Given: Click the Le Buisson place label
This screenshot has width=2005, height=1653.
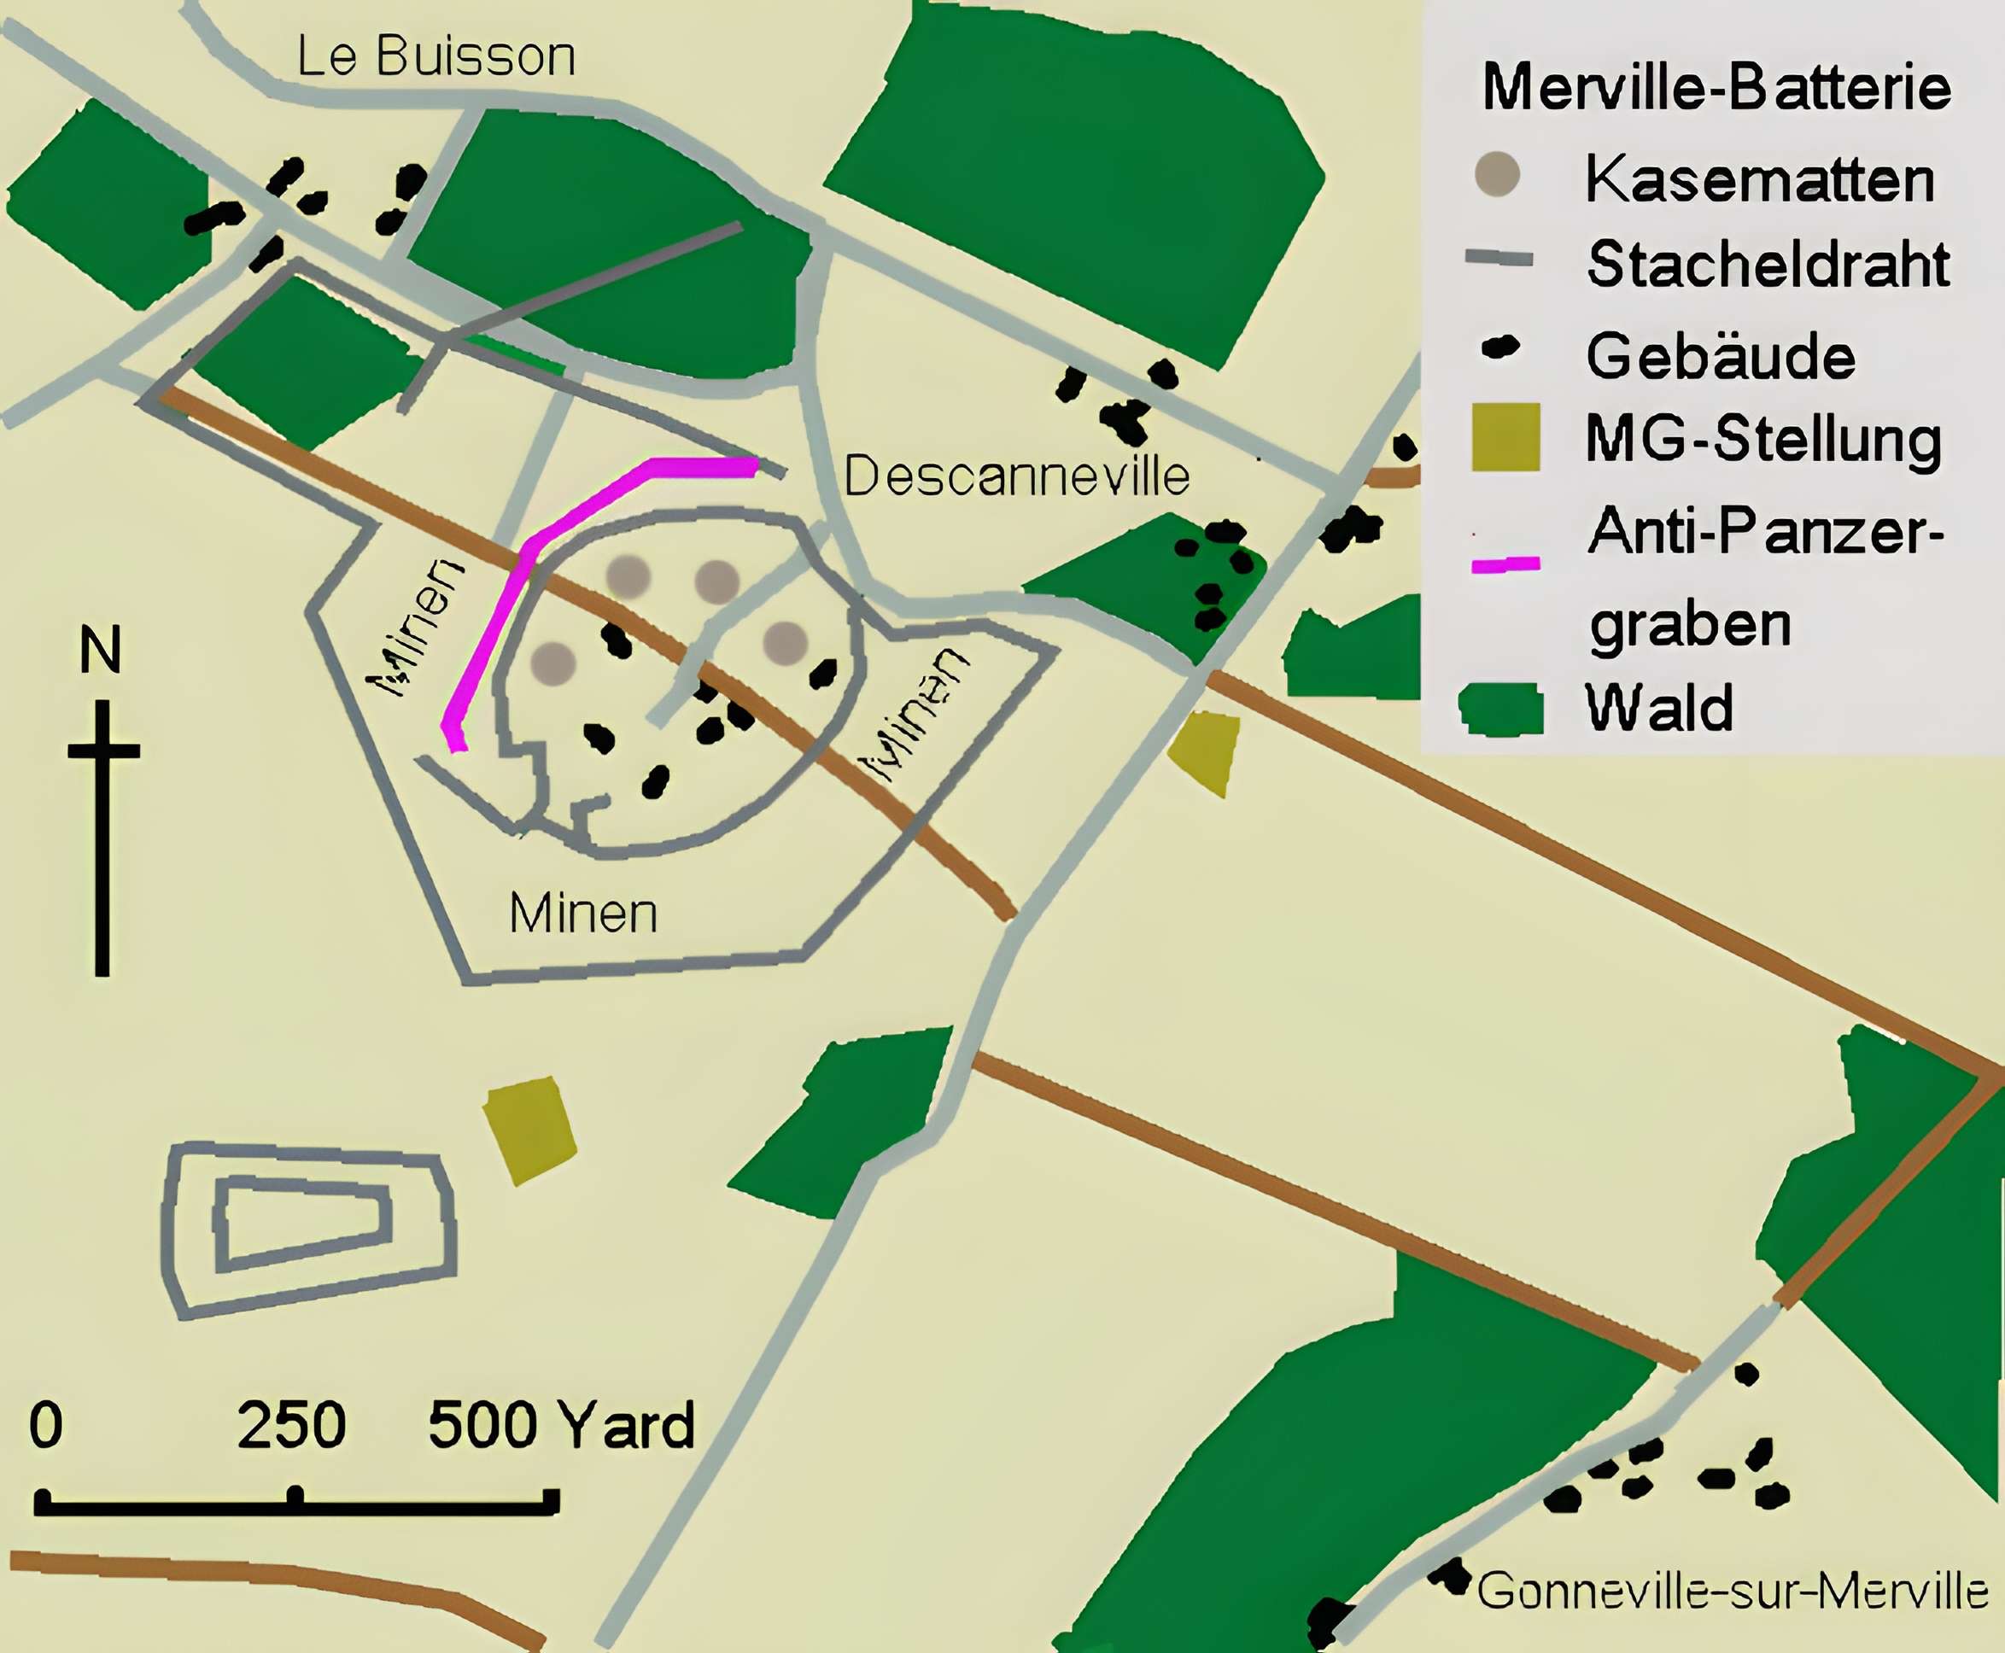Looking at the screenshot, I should click(x=436, y=57).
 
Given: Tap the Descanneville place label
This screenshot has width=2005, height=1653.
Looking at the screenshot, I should click(x=1017, y=476).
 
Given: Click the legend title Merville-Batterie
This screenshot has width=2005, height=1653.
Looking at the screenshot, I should click(x=1716, y=88).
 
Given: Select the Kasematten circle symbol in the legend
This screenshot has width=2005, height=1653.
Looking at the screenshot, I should click(x=1498, y=175).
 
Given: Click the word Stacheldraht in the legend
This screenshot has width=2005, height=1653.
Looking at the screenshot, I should click(x=1768, y=265).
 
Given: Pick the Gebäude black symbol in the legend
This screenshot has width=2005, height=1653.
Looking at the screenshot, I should click(x=1500, y=348).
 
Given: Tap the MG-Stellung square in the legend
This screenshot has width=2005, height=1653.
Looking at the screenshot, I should click(x=1505, y=437).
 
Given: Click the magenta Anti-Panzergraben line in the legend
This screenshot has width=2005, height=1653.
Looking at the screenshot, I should click(x=1505, y=564).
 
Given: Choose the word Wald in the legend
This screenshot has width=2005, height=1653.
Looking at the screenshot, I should click(x=1658, y=709).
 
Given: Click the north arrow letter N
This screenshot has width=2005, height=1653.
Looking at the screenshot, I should click(x=100, y=651).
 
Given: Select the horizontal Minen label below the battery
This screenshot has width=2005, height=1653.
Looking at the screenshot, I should click(x=582, y=914).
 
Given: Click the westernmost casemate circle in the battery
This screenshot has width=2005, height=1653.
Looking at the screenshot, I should click(x=553, y=663).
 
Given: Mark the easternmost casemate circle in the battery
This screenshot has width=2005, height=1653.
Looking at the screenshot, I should click(x=786, y=644).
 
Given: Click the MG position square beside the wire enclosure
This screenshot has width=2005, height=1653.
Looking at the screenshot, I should click(x=529, y=1130).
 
